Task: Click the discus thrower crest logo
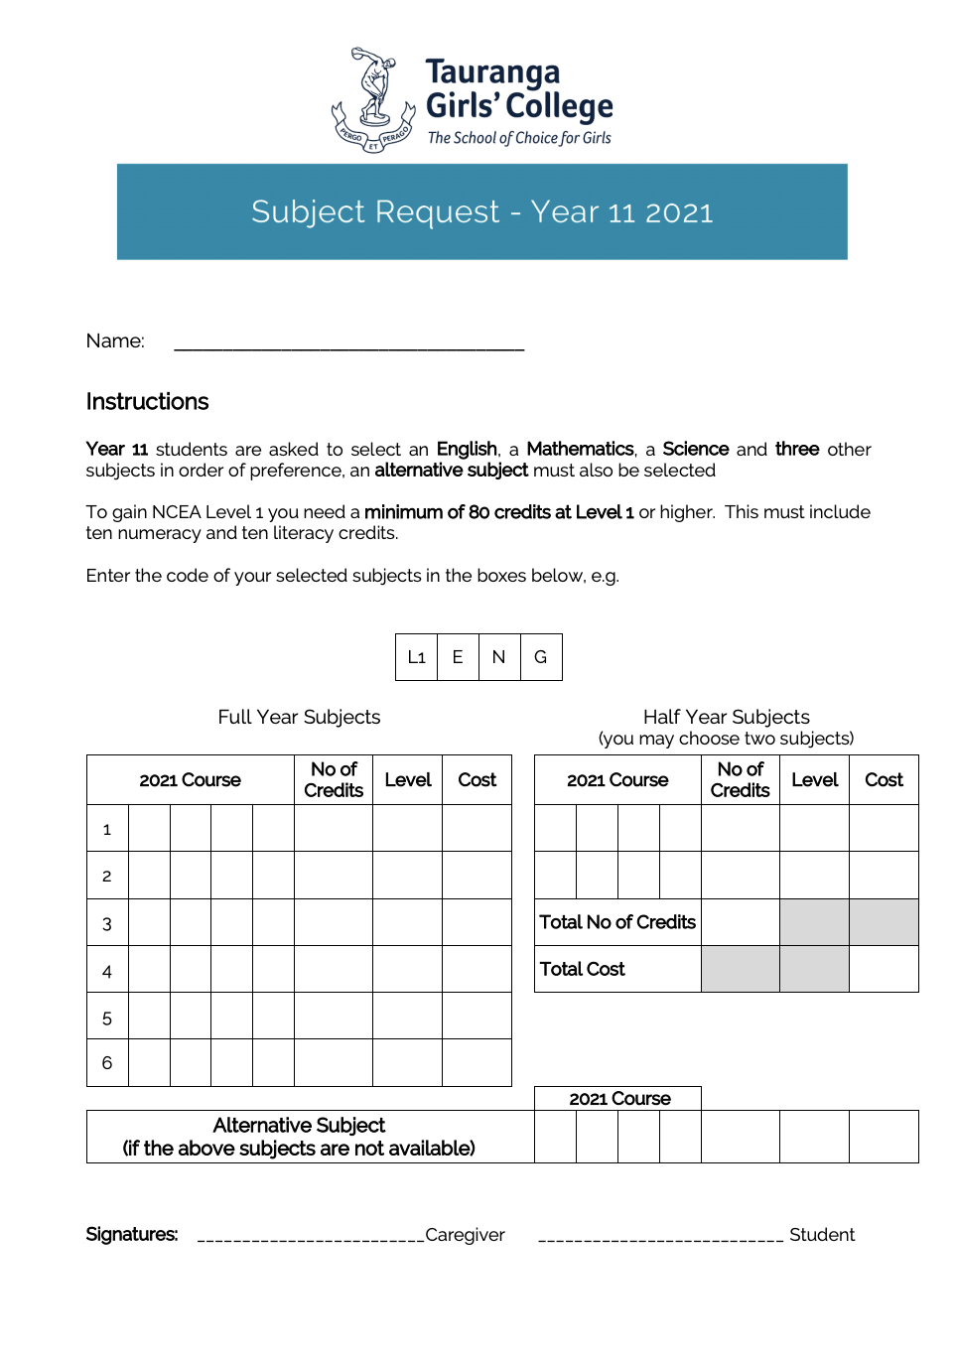(x=372, y=100)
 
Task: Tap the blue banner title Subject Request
(x=481, y=211)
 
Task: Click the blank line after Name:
(x=348, y=343)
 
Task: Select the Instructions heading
(x=147, y=402)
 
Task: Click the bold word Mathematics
(x=580, y=449)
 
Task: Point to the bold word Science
(x=695, y=449)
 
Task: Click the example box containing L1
(x=417, y=657)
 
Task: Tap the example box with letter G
(x=541, y=657)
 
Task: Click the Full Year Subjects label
(x=299, y=717)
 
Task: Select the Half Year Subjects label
(x=726, y=717)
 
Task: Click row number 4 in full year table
(x=107, y=971)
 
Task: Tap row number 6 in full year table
(x=107, y=1063)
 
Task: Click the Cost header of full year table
(x=477, y=780)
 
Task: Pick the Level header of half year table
(x=814, y=780)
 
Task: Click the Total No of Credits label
(x=617, y=922)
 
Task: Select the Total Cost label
(x=582, y=969)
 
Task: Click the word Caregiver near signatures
(x=465, y=1235)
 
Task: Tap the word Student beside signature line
(x=821, y=1235)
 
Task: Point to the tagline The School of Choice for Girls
(x=519, y=138)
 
